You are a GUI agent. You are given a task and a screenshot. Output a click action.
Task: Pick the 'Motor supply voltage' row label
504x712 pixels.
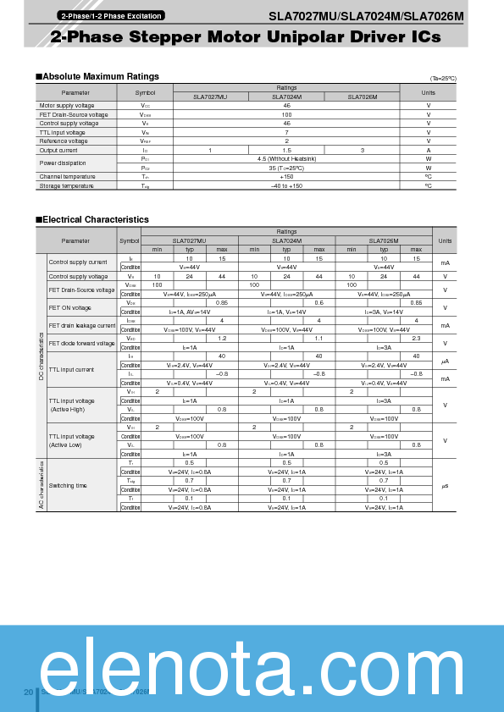point(67,106)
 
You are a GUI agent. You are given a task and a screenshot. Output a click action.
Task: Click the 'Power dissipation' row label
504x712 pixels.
point(63,163)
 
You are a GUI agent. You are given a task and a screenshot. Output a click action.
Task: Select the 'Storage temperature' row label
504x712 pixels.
point(67,185)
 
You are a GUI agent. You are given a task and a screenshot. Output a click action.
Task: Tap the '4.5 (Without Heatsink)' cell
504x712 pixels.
point(286,158)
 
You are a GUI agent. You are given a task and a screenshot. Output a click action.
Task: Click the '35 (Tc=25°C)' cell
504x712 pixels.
point(286,168)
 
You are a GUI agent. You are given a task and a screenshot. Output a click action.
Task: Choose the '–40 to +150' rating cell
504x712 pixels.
point(286,185)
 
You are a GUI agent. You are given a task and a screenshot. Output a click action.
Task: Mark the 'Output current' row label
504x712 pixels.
point(58,150)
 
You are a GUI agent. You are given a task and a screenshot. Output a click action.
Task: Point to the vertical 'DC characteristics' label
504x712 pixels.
point(41,356)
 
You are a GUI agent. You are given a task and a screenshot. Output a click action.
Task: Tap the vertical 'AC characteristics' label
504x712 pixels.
point(41,484)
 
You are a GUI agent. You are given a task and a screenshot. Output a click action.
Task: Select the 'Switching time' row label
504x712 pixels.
point(68,485)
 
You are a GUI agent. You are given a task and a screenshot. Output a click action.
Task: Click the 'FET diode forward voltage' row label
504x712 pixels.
point(81,343)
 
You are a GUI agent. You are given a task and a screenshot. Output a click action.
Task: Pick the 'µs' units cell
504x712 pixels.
point(445,485)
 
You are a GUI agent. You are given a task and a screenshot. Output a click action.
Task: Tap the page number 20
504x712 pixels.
point(28,693)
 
